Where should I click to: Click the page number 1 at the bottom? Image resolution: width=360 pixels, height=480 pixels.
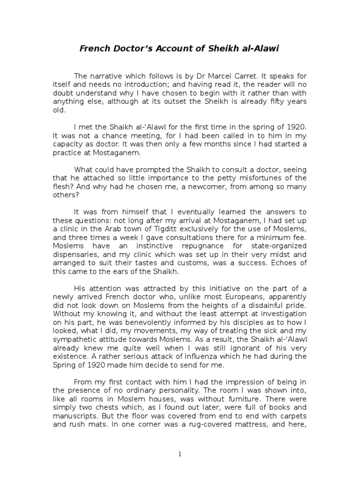(x=180, y=454)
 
